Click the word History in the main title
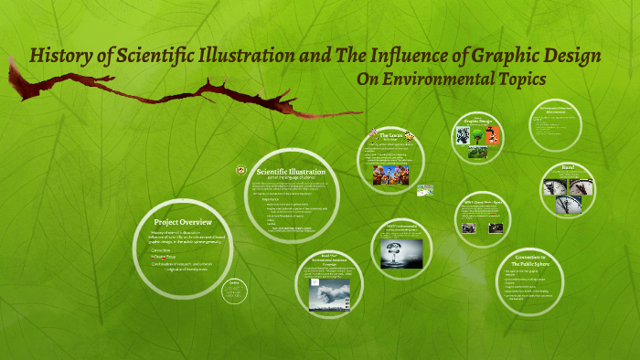pos(59,56)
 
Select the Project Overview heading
pos(183,222)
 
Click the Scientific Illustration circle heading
pos(291,171)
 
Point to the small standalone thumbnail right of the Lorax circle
pos(425,190)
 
